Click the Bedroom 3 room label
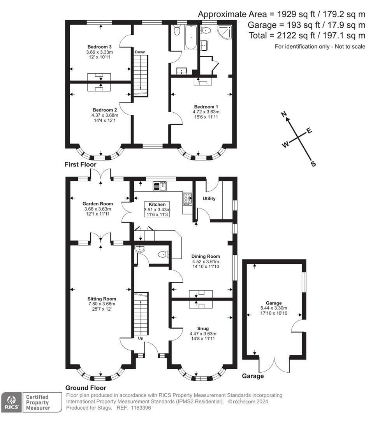(99, 47)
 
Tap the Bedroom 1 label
(206, 107)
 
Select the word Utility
(209, 198)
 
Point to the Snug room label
(203, 328)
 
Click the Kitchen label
(157, 204)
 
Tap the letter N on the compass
(284, 114)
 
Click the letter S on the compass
(313, 164)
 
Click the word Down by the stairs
(140, 52)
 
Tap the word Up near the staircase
(141, 338)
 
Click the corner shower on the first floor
(225, 32)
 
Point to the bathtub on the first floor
(191, 37)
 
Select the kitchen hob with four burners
(188, 199)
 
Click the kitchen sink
(160, 186)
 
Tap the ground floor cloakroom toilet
(163, 254)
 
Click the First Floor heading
(81, 165)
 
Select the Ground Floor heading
(86, 388)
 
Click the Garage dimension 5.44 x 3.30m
(274, 308)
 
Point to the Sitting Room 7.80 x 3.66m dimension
(102, 304)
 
